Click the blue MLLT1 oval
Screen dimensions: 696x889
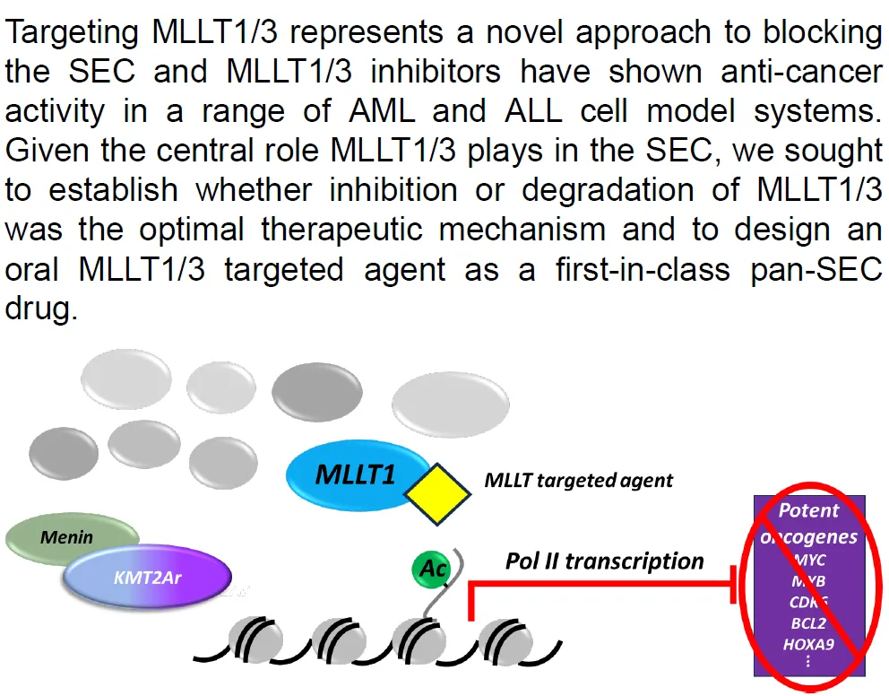click(x=355, y=474)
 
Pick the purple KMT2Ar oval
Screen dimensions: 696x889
click(x=148, y=577)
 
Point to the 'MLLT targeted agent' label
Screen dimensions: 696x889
click(x=578, y=480)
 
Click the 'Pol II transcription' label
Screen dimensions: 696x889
click(x=605, y=561)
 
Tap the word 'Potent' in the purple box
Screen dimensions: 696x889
click(x=808, y=511)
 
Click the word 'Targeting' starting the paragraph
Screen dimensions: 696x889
click(x=71, y=34)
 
